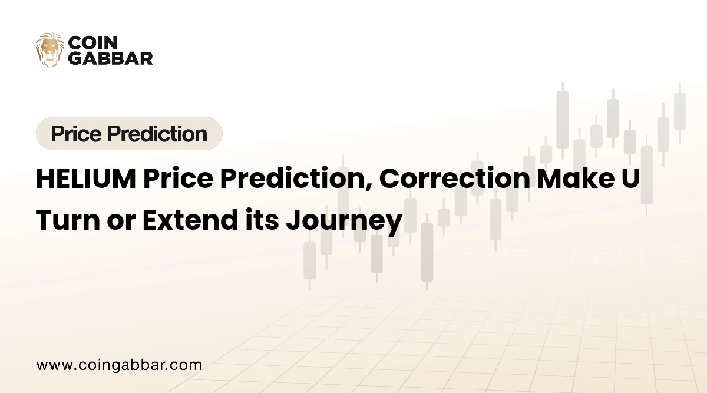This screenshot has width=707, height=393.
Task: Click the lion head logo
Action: point(50,50)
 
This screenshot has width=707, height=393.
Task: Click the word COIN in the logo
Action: point(93,42)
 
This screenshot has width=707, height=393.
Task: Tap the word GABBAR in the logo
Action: point(111,58)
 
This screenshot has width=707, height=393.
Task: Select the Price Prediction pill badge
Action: point(129,133)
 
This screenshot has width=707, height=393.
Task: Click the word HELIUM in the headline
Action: point(86,179)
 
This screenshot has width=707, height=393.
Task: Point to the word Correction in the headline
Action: point(455,179)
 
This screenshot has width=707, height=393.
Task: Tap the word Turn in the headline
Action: point(68,220)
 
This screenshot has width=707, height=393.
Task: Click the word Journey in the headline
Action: point(344,223)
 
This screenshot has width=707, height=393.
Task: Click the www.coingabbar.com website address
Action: point(119,365)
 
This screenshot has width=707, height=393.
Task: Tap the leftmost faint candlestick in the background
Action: point(310,260)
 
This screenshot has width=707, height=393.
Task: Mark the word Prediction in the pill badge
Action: point(157,134)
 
